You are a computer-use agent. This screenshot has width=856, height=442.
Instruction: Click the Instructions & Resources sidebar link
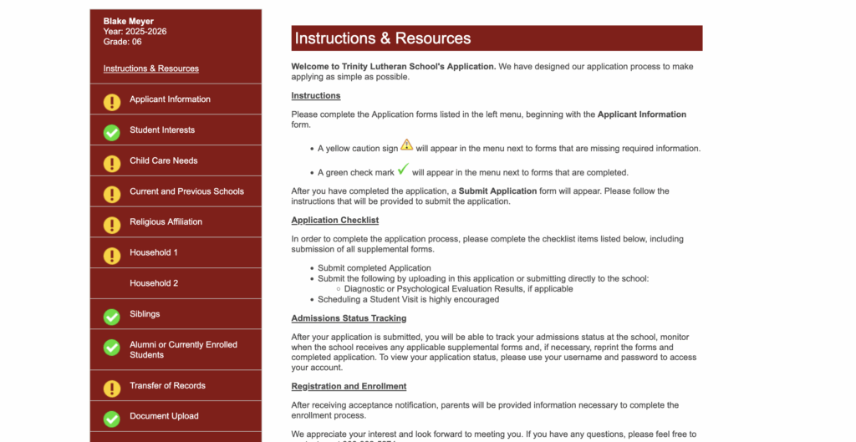[150, 69]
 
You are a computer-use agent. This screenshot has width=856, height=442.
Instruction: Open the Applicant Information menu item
[170, 99]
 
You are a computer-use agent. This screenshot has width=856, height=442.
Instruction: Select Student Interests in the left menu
[162, 130]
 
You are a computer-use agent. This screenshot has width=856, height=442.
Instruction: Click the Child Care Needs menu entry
[163, 160]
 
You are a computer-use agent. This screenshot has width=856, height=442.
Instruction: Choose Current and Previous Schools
[186, 191]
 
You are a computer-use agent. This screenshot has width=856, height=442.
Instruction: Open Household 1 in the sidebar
[154, 252]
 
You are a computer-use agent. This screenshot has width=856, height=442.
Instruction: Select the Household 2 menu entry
[154, 283]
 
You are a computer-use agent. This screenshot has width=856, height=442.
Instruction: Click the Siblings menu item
[145, 314]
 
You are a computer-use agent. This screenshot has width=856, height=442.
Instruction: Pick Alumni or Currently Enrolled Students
[183, 349]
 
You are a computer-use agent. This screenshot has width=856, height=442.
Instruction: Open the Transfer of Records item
[167, 386]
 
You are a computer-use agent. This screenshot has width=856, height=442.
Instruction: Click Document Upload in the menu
[164, 416]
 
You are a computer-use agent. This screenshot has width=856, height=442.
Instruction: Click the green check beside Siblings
[112, 317]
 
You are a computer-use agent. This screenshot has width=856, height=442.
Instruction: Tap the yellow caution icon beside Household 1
[112, 255]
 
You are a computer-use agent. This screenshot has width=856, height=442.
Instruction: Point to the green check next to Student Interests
[112, 133]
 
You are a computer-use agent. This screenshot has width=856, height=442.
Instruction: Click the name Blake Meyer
[129, 21]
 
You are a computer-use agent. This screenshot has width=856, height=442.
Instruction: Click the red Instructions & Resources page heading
[383, 38]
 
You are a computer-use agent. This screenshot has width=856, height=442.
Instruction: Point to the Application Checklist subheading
[334, 221]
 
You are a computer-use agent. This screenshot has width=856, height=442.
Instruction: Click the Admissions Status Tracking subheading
[349, 318]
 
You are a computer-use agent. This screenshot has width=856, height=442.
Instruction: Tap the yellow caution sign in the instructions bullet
[406, 145]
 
